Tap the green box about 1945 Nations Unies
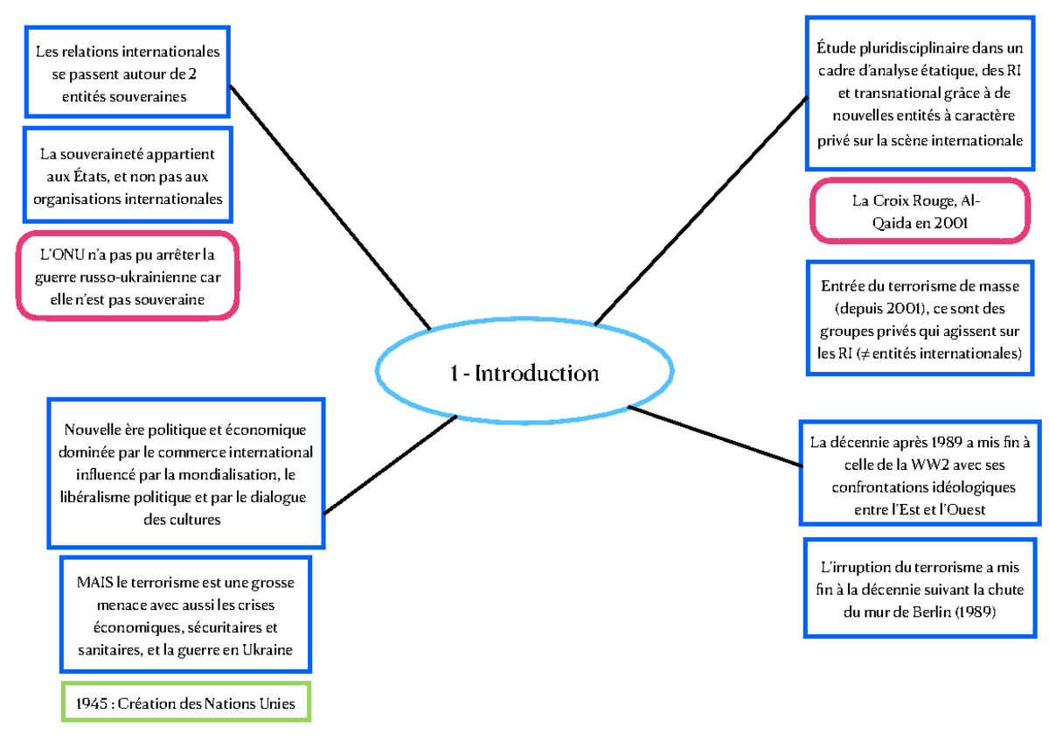[185, 703]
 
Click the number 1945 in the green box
[91, 703]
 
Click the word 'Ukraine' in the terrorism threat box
[267, 649]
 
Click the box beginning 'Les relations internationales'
[128, 73]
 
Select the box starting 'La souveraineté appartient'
[128, 176]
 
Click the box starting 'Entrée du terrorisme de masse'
[920, 319]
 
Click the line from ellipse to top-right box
[699, 210]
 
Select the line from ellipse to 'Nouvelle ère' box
[389, 465]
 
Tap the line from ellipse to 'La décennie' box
[712, 437]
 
